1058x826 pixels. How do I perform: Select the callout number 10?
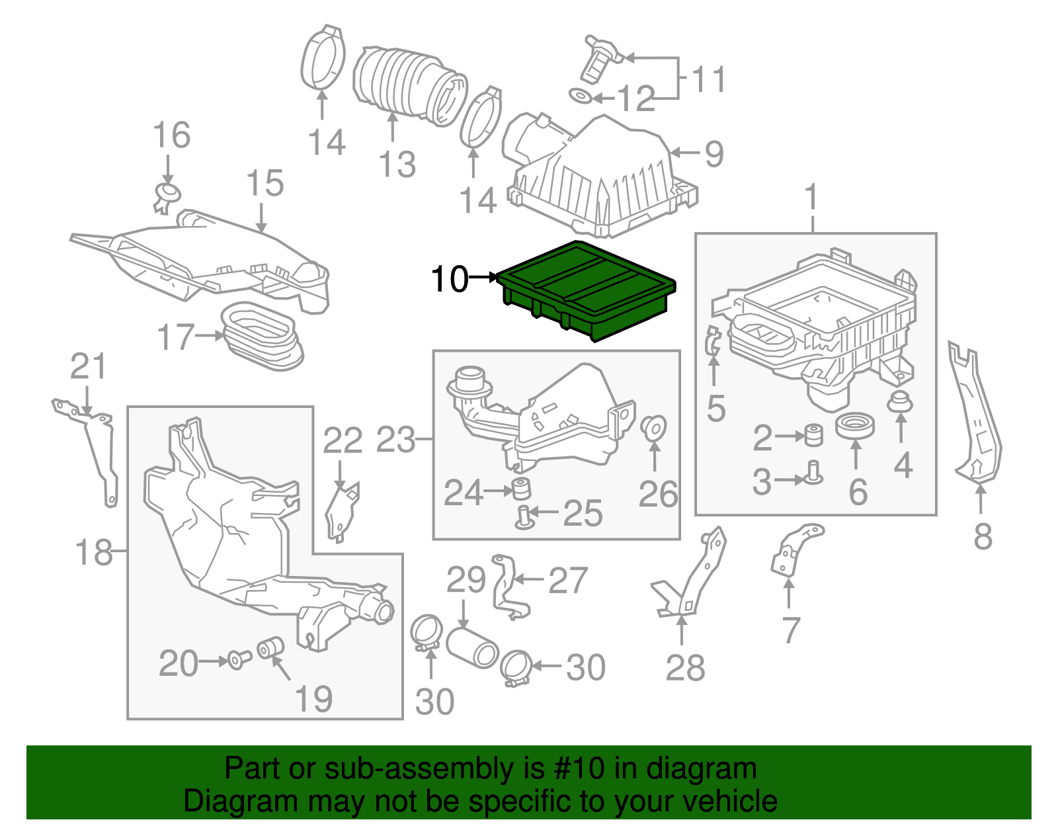[449, 279]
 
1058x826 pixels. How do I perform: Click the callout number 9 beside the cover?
[714, 154]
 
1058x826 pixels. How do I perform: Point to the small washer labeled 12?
[580, 97]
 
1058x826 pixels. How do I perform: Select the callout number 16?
[171, 135]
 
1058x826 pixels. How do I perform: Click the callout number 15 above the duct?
[265, 183]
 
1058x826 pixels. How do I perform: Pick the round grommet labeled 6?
[855, 426]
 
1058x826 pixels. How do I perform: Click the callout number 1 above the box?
[811, 198]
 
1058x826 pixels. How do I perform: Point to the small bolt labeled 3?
[813, 473]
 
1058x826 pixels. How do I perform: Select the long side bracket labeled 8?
[975, 417]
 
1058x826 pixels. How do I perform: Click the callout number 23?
[395, 440]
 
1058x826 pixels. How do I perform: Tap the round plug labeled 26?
[654, 427]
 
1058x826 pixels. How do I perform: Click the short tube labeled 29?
[472, 647]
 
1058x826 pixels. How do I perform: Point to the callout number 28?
[686, 668]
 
